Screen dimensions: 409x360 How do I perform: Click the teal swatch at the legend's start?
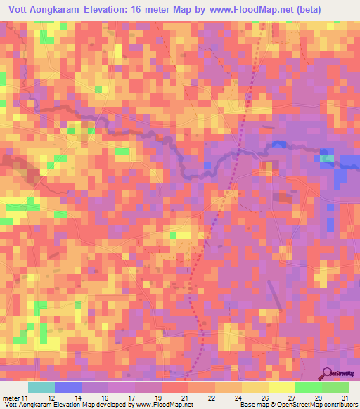(x=41, y=387)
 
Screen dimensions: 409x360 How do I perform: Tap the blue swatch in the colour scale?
(x=68, y=387)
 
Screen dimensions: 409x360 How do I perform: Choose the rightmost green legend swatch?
(x=335, y=387)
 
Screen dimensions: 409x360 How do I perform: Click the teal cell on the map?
(x=328, y=160)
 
